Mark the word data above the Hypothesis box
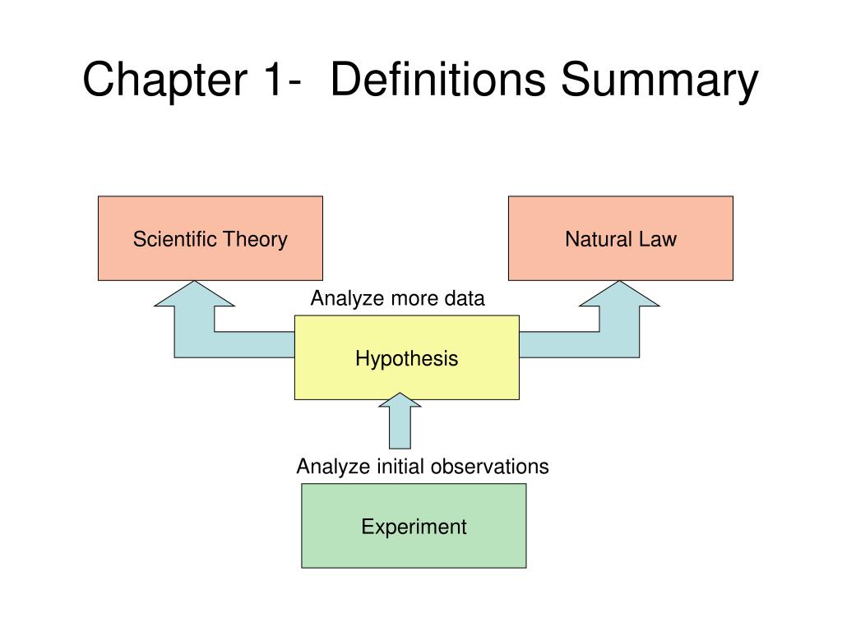[465, 298]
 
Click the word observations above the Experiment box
[497, 467]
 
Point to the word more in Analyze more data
[414, 298]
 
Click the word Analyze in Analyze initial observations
[334, 467]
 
